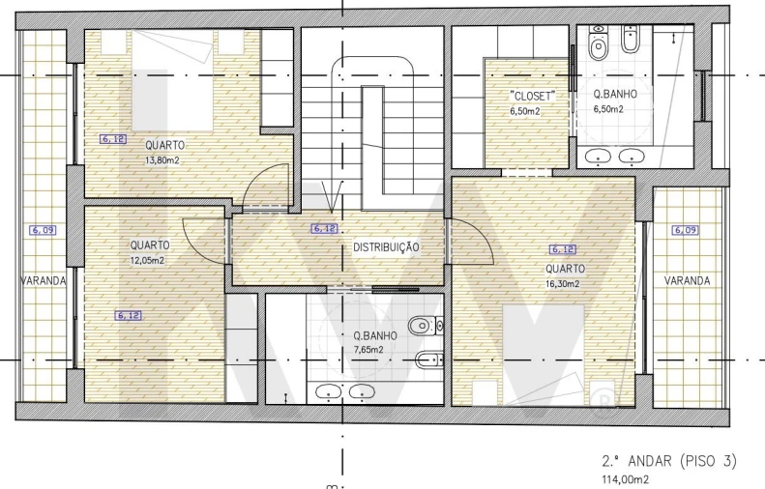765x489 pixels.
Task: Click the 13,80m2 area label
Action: point(162,159)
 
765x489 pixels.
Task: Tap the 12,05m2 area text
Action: point(147,260)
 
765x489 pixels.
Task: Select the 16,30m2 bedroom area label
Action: point(563,284)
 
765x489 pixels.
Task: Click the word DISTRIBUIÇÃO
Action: point(386,247)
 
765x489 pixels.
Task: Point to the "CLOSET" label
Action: point(532,96)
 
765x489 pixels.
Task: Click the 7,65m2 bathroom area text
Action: point(368,350)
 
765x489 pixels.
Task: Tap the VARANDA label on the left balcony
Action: point(44,281)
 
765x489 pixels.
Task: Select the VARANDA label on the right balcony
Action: point(687,281)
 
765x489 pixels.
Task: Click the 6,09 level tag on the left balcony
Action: point(43,230)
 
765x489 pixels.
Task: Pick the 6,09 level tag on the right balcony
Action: point(685,230)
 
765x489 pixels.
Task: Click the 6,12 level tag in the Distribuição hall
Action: point(324,228)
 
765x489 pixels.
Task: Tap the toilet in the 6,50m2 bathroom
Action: point(598,43)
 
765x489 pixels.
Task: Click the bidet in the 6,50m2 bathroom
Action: point(631,39)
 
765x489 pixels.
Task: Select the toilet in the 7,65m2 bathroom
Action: point(426,325)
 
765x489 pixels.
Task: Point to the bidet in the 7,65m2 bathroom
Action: point(429,360)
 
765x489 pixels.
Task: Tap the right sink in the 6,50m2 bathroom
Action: point(632,156)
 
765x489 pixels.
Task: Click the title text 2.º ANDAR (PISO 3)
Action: point(669,461)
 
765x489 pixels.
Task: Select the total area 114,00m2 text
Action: point(626,479)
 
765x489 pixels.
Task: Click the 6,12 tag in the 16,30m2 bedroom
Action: point(563,249)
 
